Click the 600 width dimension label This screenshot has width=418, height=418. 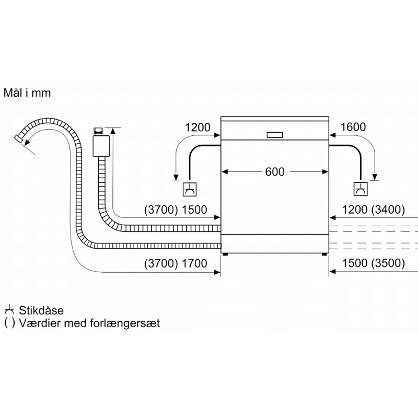click(275, 172)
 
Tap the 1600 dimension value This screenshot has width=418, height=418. click(353, 127)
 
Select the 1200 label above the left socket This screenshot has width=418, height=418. click(198, 127)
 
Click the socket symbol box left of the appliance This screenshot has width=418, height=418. click(190, 189)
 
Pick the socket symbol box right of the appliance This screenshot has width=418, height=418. click(361, 189)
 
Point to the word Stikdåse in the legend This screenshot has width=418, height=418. click(41, 310)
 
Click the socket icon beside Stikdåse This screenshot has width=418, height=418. click(9, 309)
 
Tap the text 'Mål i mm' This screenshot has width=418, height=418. click(27, 93)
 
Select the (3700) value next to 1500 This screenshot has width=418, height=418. click(161, 210)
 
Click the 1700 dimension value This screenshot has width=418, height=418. click(194, 263)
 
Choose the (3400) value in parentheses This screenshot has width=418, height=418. click(388, 210)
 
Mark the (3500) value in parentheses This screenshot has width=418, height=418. click(388, 263)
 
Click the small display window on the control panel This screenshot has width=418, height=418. click(275, 135)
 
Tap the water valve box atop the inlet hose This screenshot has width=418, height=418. click(101, 146)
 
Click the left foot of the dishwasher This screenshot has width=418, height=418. click(225, 254)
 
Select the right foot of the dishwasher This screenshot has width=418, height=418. click(324, 254)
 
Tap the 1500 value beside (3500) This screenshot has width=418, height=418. click(355, 263)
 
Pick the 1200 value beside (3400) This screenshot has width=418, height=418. click(355, 210)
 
